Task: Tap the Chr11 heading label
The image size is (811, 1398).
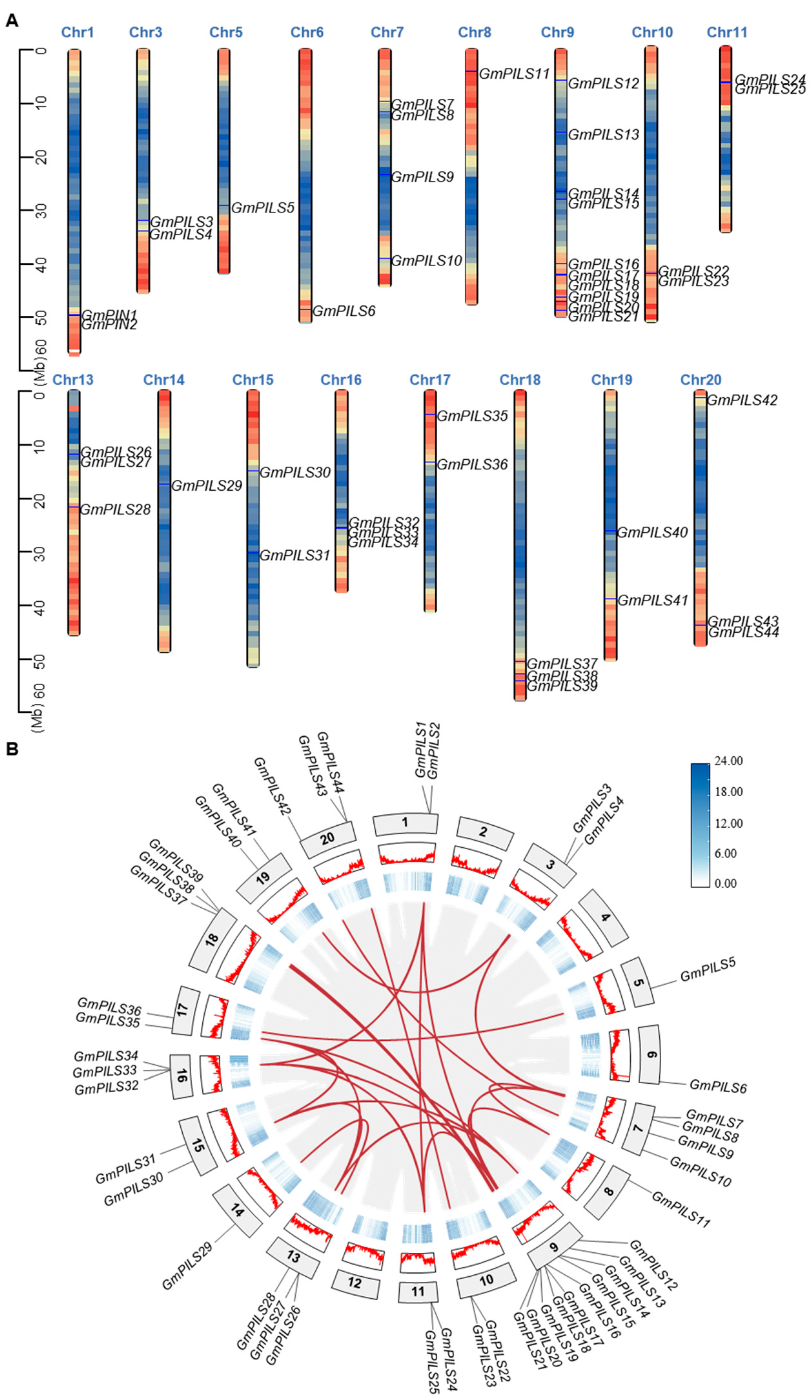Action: coord(727,32)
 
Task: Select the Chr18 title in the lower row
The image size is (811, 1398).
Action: coord(520,380)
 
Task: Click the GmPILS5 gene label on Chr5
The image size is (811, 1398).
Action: coord(262,208)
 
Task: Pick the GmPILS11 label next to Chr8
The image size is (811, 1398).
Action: coord(514,74)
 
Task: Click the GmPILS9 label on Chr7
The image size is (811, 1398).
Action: coord(423,177)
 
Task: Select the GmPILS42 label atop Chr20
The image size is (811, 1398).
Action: coord(742,400)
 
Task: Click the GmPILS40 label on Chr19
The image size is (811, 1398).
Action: coord(652,533)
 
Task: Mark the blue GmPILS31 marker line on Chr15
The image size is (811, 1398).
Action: coord(253,553)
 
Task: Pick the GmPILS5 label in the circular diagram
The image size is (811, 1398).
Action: coord(708,969)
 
